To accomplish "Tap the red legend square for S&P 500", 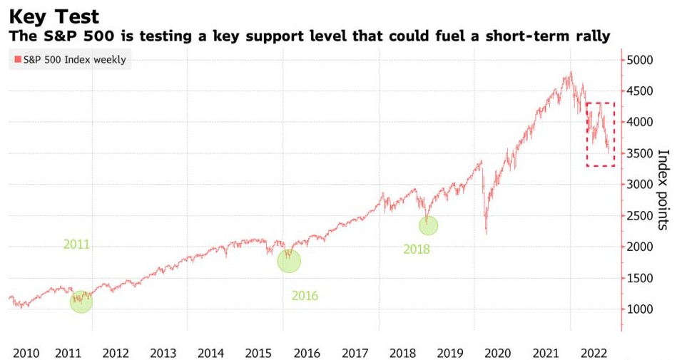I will [16, 60].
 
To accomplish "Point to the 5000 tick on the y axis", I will [642, 60].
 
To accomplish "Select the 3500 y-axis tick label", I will [642, 153].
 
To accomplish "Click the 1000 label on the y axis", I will [642, 309].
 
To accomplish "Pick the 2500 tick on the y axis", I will [642, 215].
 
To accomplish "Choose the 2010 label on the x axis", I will [26, 352].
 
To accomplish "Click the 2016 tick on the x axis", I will [307, 352].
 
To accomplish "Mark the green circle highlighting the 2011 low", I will [81, 302].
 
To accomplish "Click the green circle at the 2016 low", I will [288, 261].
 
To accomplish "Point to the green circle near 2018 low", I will [428, 225].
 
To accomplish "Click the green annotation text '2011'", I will [76, 245].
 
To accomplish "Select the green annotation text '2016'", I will [305, 296].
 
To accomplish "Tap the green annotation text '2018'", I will [417, 250].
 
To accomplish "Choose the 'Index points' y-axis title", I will [662, 189].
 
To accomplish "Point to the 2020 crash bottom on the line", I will [487, 232].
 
